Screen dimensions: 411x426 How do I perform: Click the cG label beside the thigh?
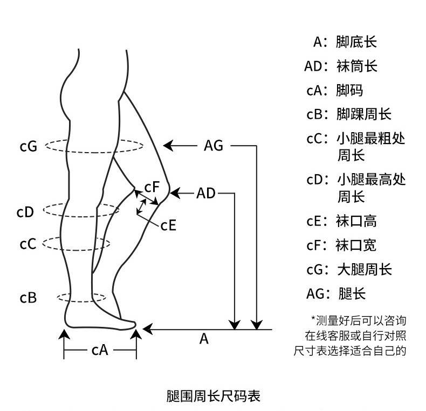(28, 146)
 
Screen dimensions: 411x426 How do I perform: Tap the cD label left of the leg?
(25, 212)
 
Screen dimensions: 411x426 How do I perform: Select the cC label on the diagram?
(28, 244)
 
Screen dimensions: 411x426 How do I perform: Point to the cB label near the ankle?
(28, 297)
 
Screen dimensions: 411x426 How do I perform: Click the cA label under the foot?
(100, 350)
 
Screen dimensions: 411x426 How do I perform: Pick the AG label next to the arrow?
(214, 146)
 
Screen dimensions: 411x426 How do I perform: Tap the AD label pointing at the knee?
(205, 193)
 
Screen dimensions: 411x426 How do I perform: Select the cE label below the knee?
(168, 224)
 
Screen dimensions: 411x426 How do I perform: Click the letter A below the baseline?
(204, 339)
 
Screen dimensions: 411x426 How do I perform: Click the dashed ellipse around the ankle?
(81, 297)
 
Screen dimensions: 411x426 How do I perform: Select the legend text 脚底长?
(356, 42)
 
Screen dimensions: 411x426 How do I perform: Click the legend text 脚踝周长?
(363, 114)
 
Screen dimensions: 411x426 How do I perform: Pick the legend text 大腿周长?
(363, 269)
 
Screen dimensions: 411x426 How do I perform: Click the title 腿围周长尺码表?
(213, 396)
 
